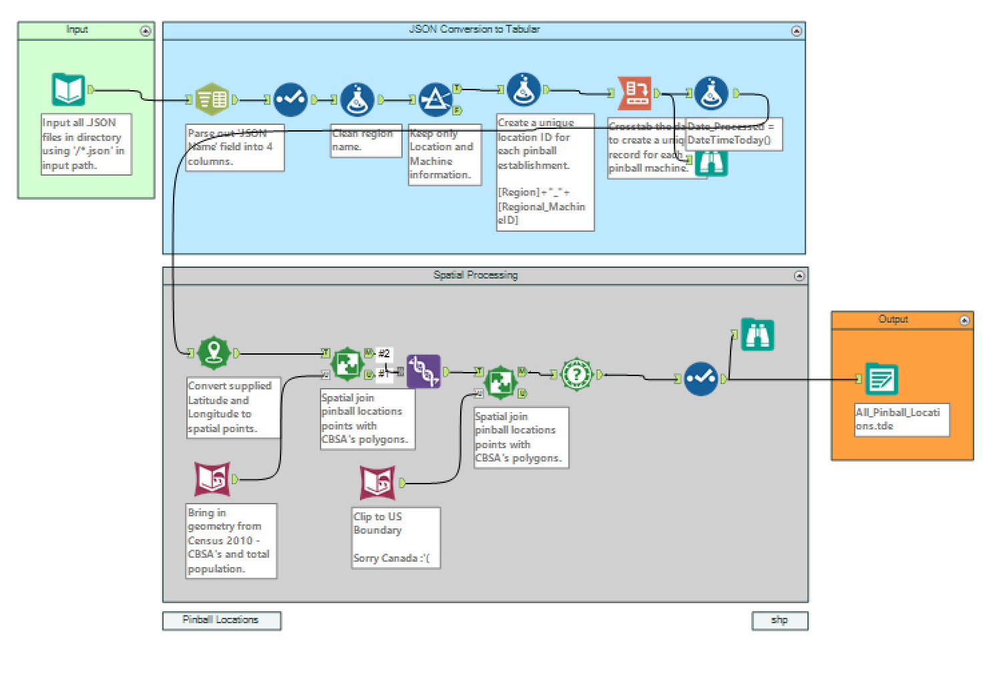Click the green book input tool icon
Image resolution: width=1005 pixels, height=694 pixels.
68,90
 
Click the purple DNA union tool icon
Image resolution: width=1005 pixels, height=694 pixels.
423,371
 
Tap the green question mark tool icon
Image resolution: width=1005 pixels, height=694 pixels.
576,375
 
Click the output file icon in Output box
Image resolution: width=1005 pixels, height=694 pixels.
881,379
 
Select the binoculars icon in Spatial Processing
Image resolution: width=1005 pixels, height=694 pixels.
757,335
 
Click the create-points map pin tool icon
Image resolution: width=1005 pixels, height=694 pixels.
214,352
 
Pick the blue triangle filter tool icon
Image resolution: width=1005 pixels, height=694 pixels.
435,100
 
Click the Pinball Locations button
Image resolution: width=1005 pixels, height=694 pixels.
221,620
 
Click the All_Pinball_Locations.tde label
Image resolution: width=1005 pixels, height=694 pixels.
901,419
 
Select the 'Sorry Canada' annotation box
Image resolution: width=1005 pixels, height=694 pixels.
395,538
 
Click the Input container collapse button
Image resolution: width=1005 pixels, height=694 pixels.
145,31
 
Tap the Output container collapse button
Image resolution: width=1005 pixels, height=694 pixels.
964,321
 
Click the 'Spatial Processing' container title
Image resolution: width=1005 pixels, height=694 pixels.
475,275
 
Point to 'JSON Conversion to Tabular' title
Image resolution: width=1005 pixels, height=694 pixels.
473,29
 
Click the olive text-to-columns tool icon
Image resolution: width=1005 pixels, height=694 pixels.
212,100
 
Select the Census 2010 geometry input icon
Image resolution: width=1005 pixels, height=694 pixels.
212,479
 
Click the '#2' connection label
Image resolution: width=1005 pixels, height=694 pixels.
384,353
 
